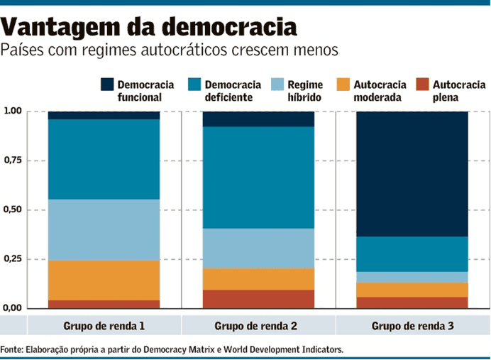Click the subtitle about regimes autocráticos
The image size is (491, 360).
point(170,50)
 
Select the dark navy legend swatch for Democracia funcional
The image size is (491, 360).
point(107,84)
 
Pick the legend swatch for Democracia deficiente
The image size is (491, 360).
point(194,84)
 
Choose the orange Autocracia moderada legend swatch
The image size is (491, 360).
point(343,84)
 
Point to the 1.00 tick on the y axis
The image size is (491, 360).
point(13,111)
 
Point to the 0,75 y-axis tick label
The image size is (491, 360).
point(13,161)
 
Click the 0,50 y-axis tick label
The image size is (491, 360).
point(13,210)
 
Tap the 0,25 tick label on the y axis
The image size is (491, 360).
point(13,260)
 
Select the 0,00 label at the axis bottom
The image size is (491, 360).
point(13,309)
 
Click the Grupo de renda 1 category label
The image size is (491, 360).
point(104,326)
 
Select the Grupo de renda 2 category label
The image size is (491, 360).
point(258,326)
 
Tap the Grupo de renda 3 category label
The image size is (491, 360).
point(412,326)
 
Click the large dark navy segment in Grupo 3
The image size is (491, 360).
point(412,174)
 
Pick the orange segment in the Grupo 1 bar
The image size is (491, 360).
point(104,280)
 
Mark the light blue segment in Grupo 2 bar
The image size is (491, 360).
point(258,248)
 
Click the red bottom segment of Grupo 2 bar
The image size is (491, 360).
point(258,299)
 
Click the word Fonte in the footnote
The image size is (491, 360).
point(12,349)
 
